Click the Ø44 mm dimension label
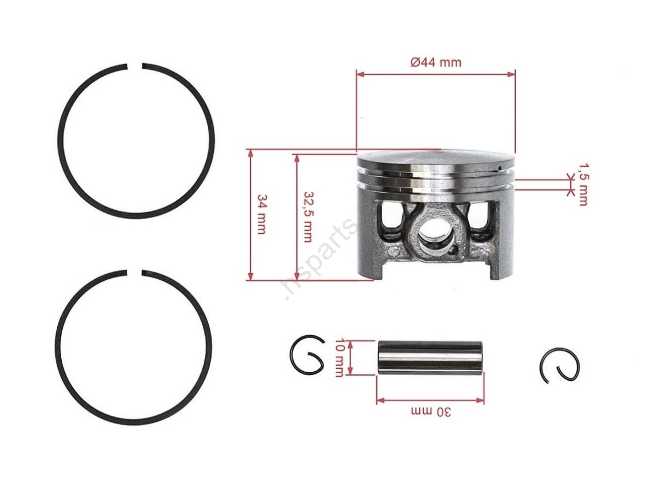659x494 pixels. point(435,62)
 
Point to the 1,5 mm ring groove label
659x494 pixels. point(583,184)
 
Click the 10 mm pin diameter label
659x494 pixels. point(340,357)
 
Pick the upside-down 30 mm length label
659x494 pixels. point(431,412)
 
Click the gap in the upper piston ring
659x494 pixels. point(134,66)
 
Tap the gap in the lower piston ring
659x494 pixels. point(134,273)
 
